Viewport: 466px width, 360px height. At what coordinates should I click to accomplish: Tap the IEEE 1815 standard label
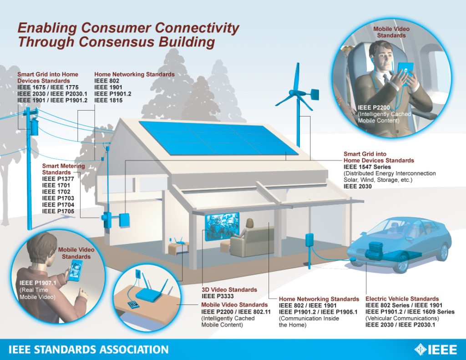(108, 100)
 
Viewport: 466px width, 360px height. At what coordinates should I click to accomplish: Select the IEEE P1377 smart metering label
(58, 179)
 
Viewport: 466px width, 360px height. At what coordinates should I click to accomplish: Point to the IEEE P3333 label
(218, 296)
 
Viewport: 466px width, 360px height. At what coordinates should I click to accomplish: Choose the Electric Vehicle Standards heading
(402, 299)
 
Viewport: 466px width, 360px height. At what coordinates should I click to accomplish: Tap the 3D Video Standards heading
(229, 289)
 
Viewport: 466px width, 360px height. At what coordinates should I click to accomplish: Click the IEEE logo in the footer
(436, 349)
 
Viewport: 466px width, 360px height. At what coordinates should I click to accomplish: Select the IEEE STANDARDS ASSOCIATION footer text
(89, 349)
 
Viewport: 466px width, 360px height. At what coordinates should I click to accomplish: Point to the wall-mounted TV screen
(222, 227)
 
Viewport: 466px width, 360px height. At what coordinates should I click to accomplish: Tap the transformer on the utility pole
(34, 127)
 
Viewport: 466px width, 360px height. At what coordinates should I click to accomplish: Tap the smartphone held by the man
(76, 270)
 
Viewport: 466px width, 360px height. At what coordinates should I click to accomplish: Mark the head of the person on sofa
(249, 223)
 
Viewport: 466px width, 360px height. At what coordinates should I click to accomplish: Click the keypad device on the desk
(132, 305)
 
